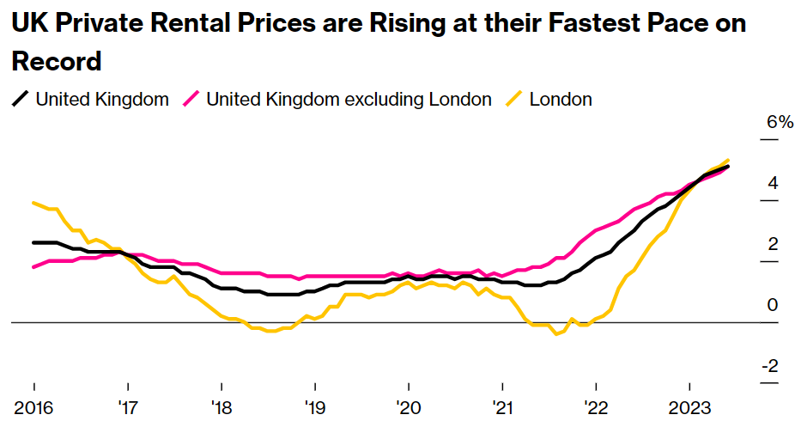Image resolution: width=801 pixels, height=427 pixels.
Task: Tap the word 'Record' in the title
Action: [x=57, y=62]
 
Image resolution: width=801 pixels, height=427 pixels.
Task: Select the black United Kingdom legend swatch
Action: [x=21, y=100]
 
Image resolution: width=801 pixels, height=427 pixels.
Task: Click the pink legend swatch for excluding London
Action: [x=192, y=100]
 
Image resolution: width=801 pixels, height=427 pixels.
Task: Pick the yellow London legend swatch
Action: [x=515, y=100]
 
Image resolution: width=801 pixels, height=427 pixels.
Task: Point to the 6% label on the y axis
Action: [x=780, y=122]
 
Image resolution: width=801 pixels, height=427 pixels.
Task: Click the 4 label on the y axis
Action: [x=773, y=183]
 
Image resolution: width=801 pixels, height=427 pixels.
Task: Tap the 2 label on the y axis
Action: [x=773, y=244]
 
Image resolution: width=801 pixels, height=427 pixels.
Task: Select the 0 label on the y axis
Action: [x=773, y=305]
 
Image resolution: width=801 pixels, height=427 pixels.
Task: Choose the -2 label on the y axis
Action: [x=770, y=366]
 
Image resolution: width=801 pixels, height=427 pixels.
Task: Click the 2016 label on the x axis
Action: [x=33, y=406]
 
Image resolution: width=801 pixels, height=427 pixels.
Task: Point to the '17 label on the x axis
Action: [x=127, y=406]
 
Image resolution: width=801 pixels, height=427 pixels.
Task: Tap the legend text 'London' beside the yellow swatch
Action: [x=561, y=100]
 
